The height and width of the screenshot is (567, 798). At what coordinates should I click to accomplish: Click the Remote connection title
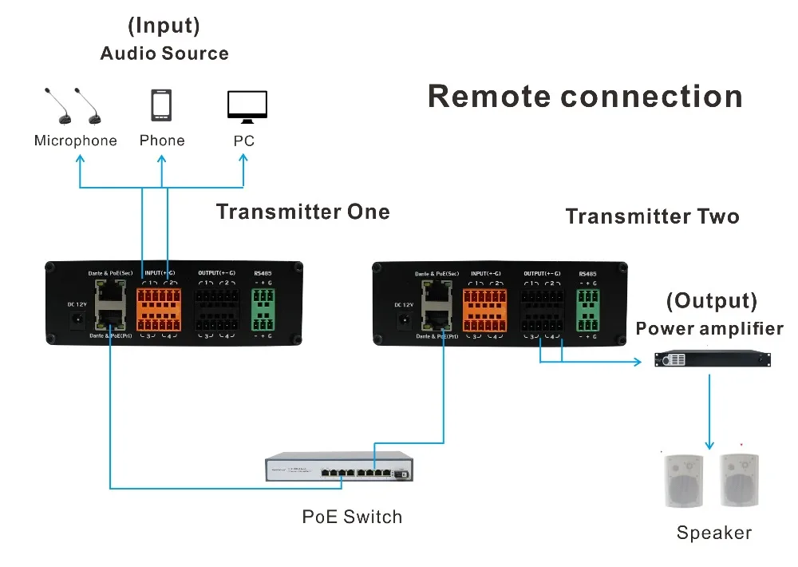[585, 97]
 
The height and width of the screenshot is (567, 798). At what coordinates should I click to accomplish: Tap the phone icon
[162, 105]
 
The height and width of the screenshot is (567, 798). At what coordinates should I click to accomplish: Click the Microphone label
[75, 141]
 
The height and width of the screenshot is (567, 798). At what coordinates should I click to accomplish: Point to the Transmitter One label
[302, 212]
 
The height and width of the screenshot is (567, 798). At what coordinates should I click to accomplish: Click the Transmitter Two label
[652, 217]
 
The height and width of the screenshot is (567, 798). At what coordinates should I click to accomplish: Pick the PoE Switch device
[341, 470]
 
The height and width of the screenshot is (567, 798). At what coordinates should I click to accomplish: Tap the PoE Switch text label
[352, 517]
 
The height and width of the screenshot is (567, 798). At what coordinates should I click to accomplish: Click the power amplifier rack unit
[713, 360]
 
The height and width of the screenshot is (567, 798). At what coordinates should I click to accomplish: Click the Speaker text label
[713, 533]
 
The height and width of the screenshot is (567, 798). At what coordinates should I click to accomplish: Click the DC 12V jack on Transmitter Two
[405, 318]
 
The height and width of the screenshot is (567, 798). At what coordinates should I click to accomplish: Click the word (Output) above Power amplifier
[711, 301]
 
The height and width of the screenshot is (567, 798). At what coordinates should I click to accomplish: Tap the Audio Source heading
[164, 54]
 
